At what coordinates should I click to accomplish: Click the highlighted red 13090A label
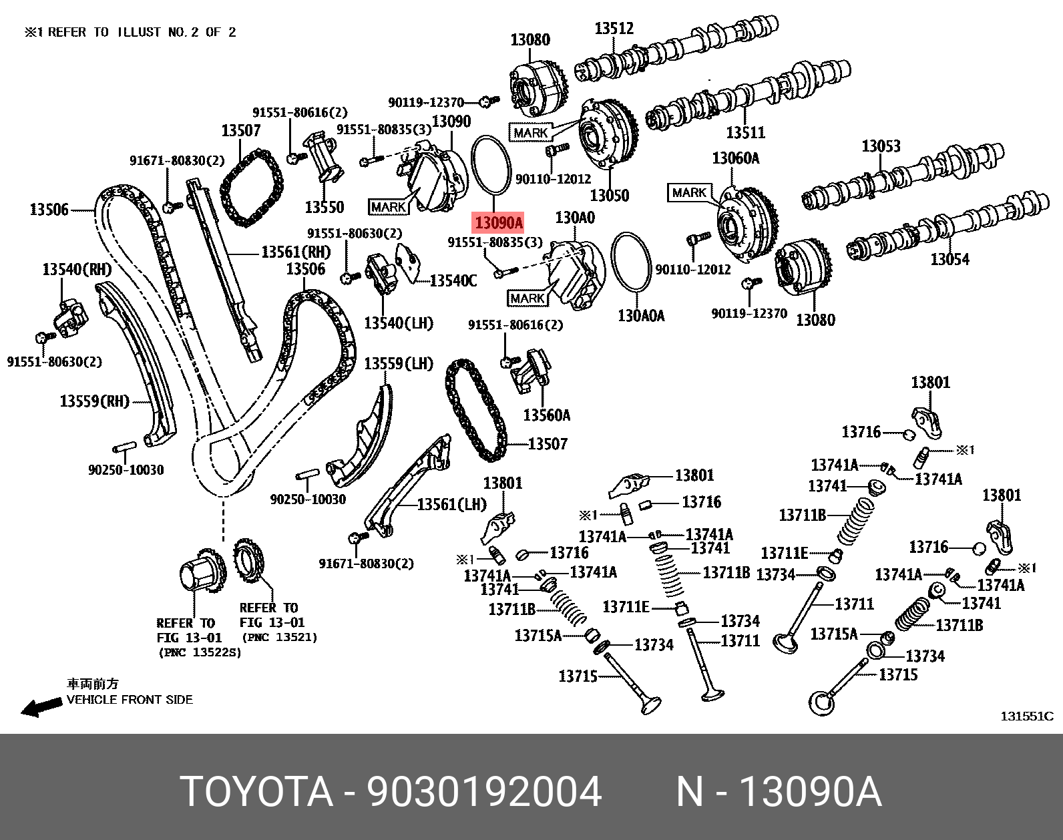point(498,222)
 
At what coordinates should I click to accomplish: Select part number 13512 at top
point(614,28)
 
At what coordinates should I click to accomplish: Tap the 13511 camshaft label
point(745,132)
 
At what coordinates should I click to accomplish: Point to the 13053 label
point(881,146)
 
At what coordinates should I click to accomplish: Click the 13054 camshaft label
point(949,259)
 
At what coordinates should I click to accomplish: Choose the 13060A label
point(735,158)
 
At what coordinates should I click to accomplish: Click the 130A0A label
point(641,315)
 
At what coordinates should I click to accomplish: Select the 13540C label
point(453,281)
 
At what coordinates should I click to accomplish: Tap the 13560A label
point(546,415)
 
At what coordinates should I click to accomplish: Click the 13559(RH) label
point(94,401)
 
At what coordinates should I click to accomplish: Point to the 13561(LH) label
point(451,504)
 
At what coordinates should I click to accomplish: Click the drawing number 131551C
point(1026,716)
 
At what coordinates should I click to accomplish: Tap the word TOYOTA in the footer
point(256,792)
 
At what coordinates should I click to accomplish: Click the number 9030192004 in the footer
point(484,792)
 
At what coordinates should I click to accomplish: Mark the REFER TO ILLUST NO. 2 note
point(130,32)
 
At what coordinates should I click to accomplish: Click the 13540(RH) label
point(77,269)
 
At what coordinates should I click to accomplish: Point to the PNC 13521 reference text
point(280,637)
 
